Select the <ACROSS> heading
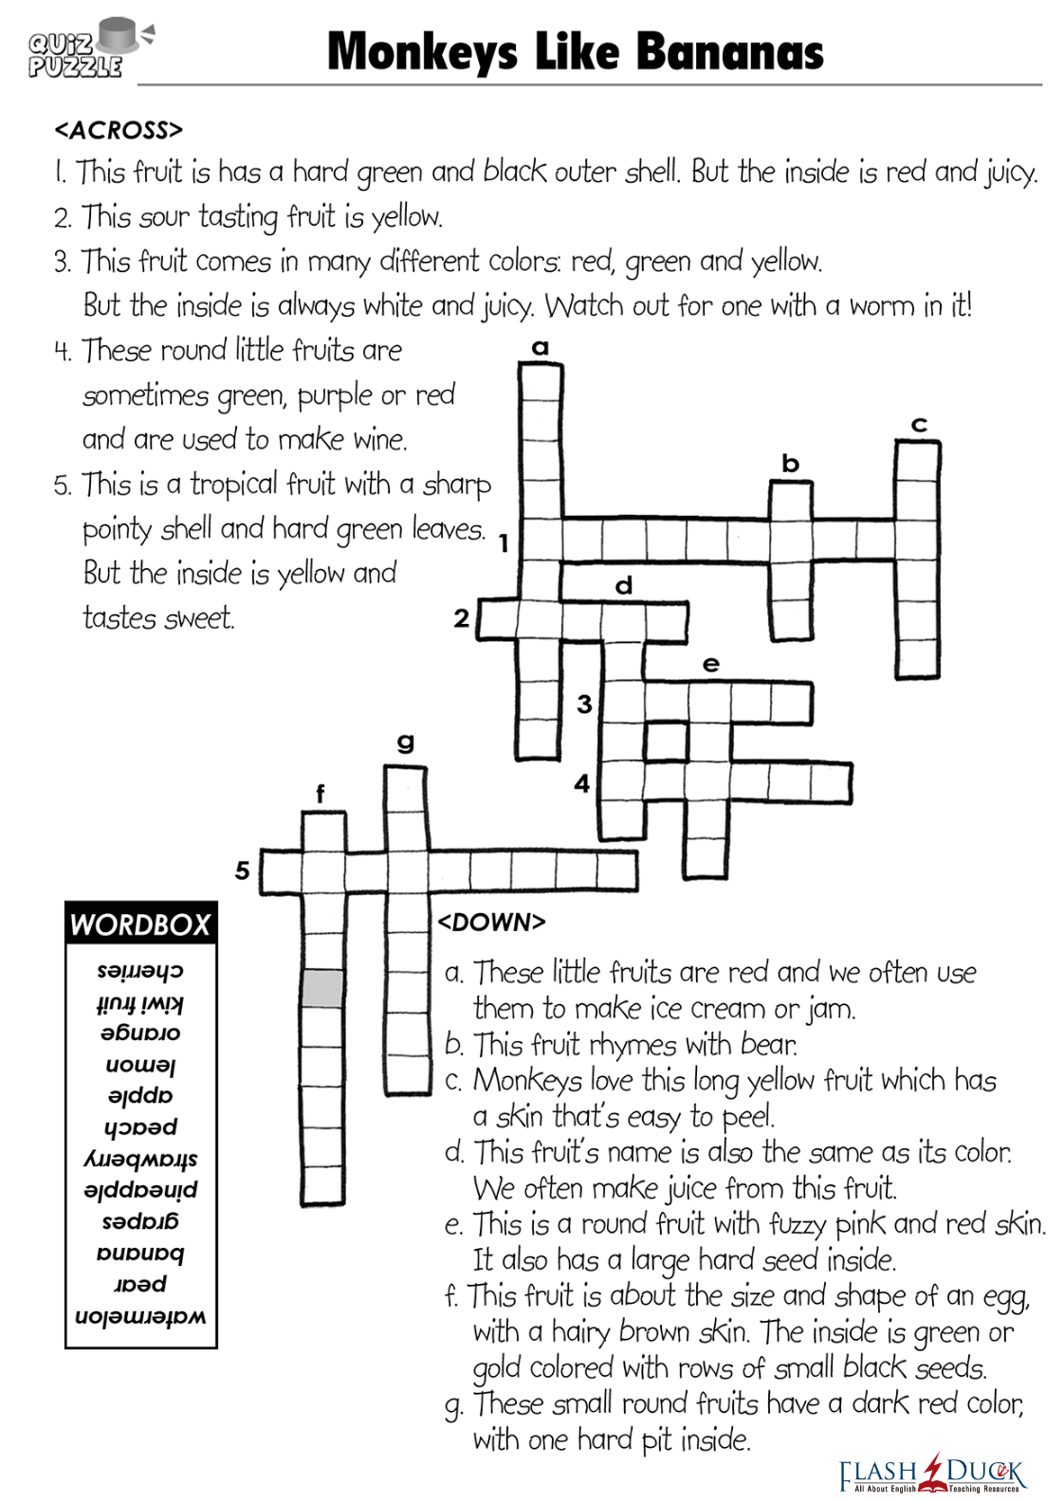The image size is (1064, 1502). pos(119,130)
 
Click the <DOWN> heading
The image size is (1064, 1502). pos(491,922)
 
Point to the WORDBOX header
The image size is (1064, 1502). pos(140,925)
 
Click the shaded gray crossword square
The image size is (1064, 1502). pos(322,988)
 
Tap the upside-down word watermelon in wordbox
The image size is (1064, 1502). pos(140,1316)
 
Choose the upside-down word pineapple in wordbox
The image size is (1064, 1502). pos(140,1190)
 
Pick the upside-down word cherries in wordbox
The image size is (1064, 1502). pos(140,971)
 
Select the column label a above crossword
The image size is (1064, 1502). pos(541,347)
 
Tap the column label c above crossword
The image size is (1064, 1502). pos(918,425)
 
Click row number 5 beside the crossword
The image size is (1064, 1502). pos(243,870)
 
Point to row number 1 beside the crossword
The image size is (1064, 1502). pos(504,543)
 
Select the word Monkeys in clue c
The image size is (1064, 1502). pos(527,1081)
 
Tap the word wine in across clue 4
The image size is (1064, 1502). pos(379,440)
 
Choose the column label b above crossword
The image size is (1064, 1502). pos(791,464)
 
